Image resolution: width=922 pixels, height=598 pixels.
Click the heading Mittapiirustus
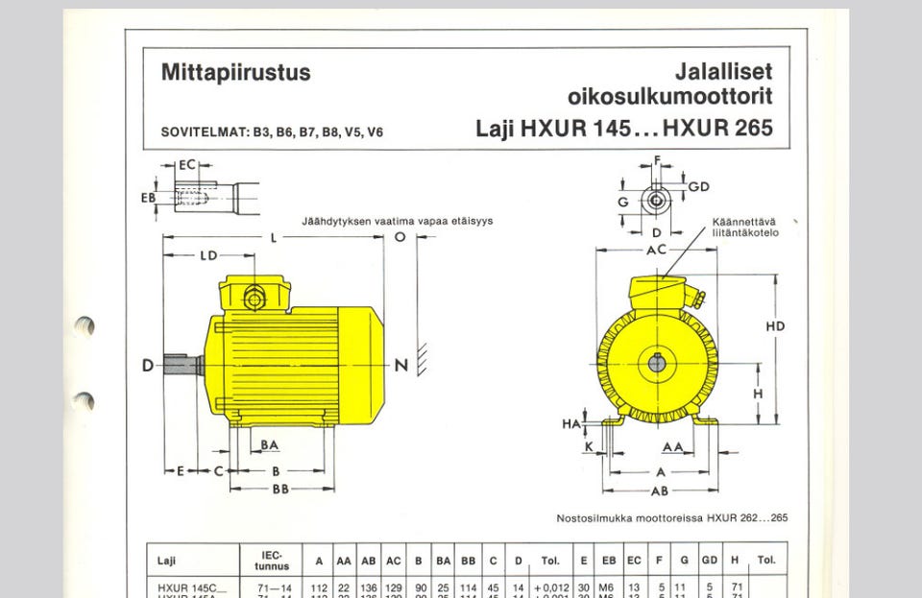click(x=235, y=73)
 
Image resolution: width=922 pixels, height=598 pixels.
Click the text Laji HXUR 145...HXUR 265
click(x=624, y=129)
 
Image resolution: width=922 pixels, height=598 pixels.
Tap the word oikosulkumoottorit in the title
click(x=669, y=97)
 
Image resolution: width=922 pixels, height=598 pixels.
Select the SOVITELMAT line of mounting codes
click(x=272, y=132)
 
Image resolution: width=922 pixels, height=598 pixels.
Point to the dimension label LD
click(x=208, y=256)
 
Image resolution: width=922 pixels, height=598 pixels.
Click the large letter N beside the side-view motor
click(x=401, y=366)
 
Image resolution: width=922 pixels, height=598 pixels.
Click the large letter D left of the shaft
click(x=148, y=366)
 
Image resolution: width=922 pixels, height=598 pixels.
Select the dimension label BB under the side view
click(x=280, y=489)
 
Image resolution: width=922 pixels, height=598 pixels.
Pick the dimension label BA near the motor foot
click(x=270, y=445)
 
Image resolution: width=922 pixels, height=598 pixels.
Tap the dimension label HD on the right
click(x=775, y=326)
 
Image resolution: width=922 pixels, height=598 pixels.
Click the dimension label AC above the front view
click(x=657, y=250)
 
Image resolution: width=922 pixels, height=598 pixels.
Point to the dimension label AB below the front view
click(x=659, y=490)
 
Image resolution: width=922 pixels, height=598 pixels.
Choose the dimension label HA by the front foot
click(x=570, y=423)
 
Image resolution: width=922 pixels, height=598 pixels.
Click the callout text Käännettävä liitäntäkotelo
click(x=745, y=227)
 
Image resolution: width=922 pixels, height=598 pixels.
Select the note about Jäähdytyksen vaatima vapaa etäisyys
click(x=397, y=221)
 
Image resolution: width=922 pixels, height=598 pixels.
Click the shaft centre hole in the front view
click(x=656, y=363)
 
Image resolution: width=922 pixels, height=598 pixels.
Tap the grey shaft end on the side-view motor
click(x=182, y=366)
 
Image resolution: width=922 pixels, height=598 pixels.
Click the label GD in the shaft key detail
click(x=698, y=186)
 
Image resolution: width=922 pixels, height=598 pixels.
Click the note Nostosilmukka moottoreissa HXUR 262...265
click(x=672, y=518)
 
